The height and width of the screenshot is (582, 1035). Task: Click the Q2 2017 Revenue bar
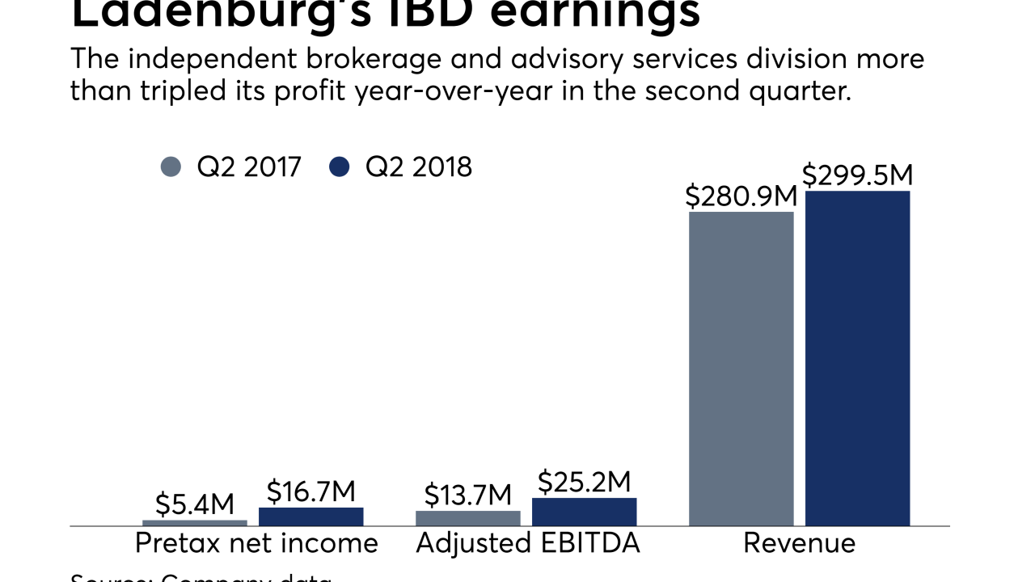(741, 369)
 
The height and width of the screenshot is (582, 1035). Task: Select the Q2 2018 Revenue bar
(857, 358)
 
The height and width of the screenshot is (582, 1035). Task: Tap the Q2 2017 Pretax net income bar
(195, 523)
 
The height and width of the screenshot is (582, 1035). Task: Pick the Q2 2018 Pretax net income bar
(311, 517)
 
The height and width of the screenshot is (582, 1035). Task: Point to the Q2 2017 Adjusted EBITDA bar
(468, 518)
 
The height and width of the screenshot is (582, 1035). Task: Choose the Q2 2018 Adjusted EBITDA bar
(585, 512)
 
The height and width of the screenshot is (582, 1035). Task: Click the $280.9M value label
(741, 196)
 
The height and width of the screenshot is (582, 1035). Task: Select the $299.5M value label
(857, 175)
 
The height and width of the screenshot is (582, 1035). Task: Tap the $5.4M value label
(195, 504)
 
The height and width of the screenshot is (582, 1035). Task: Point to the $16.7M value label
(311, 491)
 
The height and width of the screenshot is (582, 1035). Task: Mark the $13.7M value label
(468, 494)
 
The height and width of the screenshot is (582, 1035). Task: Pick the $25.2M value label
(585, 482)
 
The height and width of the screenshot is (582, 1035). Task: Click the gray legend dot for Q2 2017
(171, 167)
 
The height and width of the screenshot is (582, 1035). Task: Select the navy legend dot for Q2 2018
(340, 167)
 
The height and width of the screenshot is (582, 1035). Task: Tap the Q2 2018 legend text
(418, 167)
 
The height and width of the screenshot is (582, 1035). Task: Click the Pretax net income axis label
(256, 543)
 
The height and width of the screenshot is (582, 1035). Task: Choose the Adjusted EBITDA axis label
(528, 543)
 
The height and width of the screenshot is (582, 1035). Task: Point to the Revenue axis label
(799, 543)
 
